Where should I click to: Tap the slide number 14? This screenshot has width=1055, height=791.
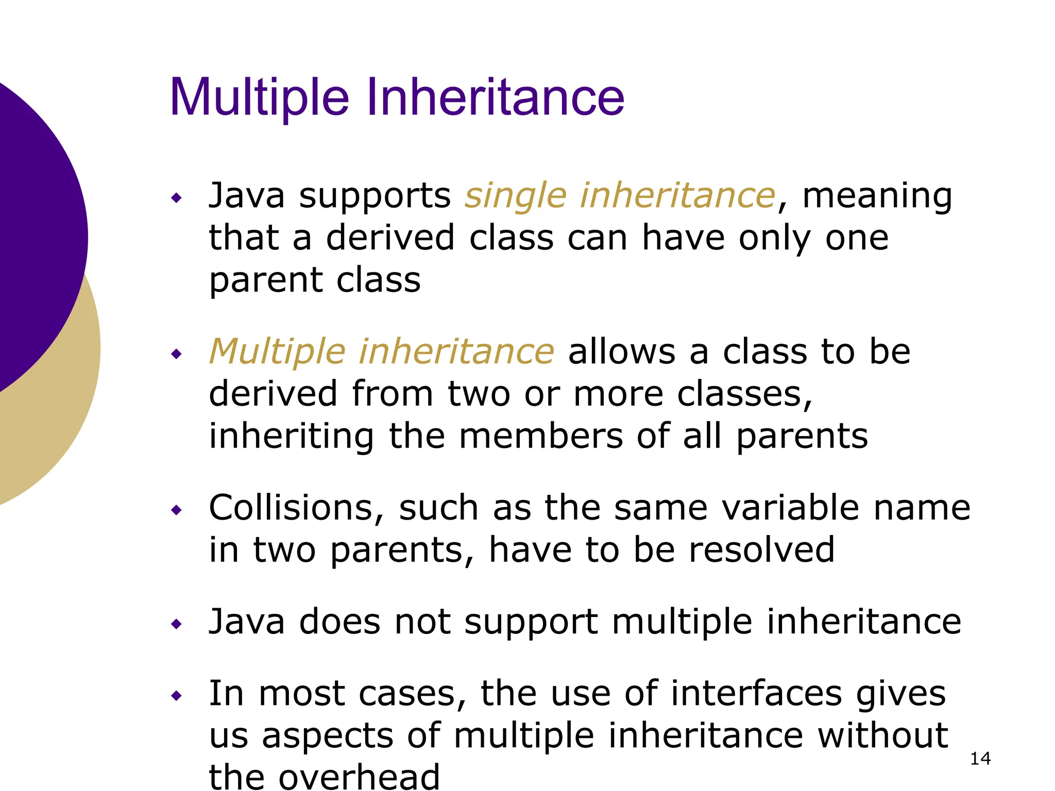click(980, 759)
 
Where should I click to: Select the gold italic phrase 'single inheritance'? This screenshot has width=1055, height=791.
click(620, 196)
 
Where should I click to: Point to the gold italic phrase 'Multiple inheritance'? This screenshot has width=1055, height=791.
click(381, 352)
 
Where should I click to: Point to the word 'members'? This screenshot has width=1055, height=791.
click(540, 436)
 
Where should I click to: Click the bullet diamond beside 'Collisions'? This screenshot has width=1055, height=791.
click(177, 510)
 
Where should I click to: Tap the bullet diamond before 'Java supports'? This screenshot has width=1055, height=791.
click(177, 198)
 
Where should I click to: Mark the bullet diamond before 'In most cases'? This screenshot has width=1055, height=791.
click(177, 696)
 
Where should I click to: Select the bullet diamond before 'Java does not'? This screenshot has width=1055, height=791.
click(177, 625)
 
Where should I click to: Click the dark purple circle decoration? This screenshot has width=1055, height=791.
click(31, 232)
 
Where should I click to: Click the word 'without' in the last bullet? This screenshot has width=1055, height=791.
click(882, 735)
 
